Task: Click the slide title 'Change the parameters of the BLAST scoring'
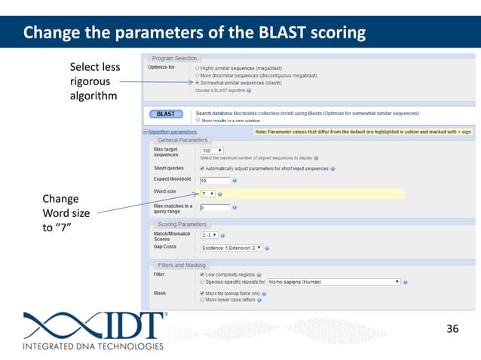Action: pos(195,33)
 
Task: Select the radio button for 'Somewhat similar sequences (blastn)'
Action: pos(198,82)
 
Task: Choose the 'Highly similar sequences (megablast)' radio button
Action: pos(198,68)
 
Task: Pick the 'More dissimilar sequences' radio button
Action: pos(198,75)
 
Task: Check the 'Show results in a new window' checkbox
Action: pos(198,119)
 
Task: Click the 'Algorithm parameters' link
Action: pos(167,131)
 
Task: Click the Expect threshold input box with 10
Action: pos(213,182)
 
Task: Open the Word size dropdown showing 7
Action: pos(209,194)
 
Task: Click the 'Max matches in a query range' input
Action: pos(213,207)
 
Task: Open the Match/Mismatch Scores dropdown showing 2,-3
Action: pos(212,236)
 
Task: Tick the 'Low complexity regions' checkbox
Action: pos(202,275)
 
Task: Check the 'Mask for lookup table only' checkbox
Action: pos(202,293)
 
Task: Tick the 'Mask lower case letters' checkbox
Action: pos(202,300)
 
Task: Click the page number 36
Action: pos(452,328)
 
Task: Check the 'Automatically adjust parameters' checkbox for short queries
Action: pos(202,169)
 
